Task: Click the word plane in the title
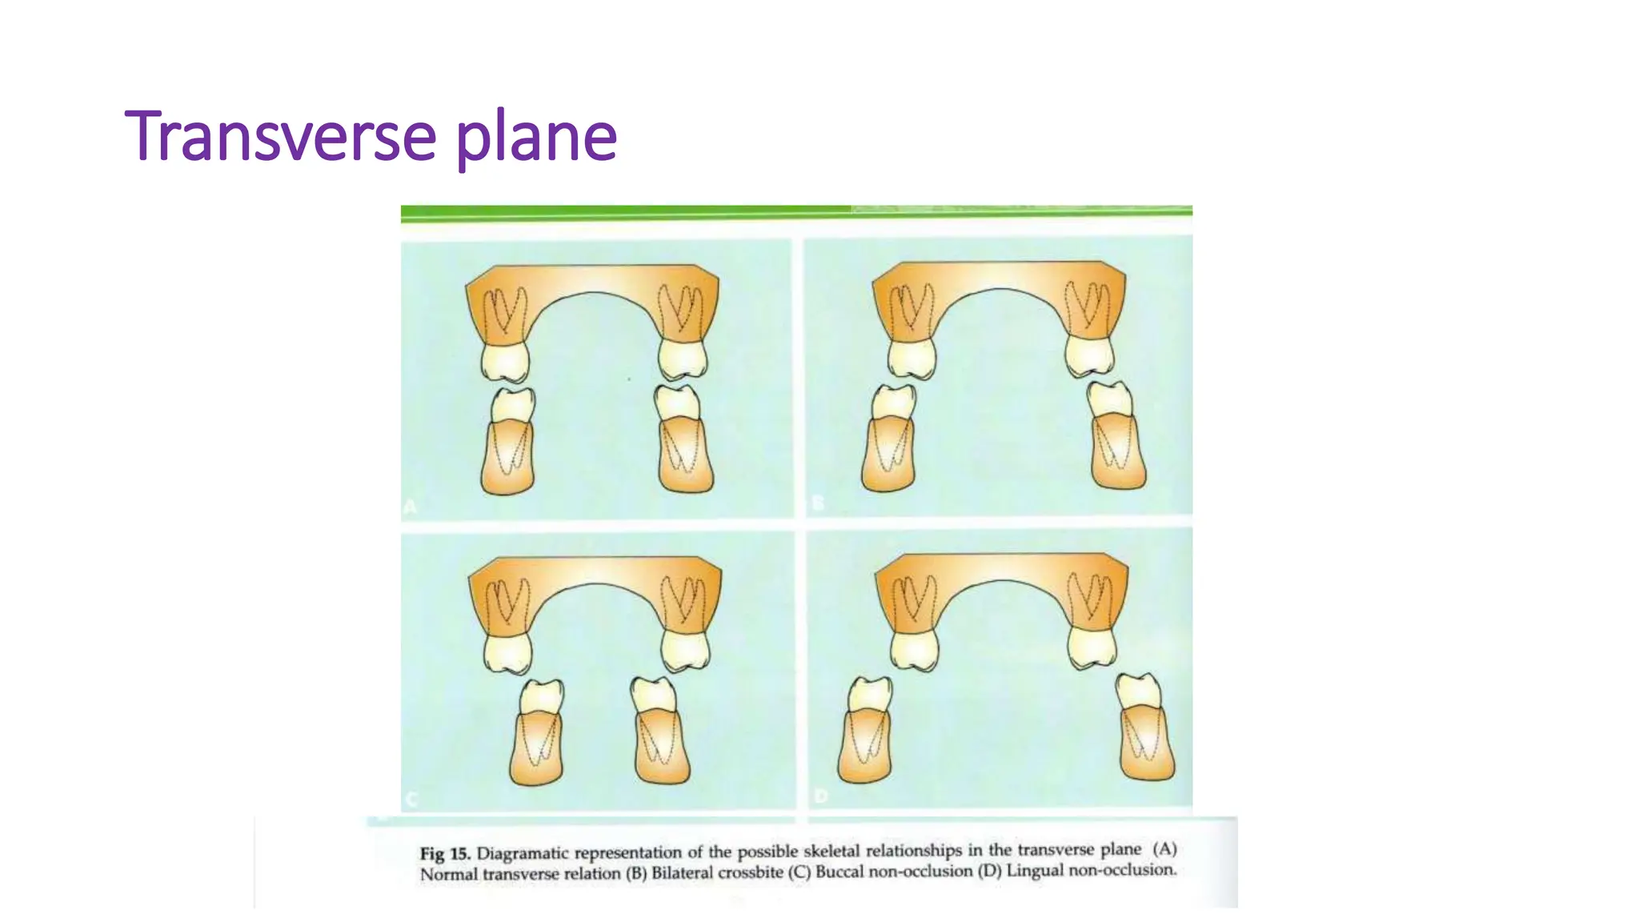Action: click(536, 138)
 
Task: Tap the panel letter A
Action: click(410, 507)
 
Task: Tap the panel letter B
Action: click(818, 503)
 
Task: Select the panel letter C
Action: click(411, 799)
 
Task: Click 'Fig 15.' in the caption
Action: click(444, 853)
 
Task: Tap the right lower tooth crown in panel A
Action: click(677, 403)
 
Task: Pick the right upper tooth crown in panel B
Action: click(1089, 356)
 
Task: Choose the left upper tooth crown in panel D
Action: click(913, 649)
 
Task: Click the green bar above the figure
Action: click(796, 212)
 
